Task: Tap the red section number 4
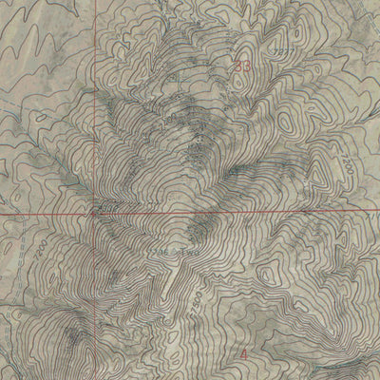[245, 353]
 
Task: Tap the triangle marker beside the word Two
[175, 254]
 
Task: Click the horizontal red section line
[237, 215]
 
